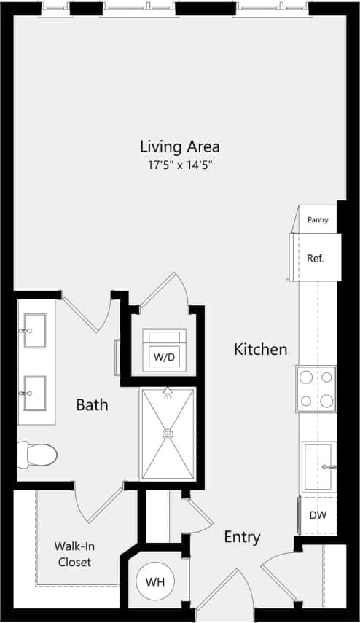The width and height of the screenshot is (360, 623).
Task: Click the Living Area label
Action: (x=179, y=146)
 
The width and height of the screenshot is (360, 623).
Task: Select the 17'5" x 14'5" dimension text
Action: (x=180, y=165)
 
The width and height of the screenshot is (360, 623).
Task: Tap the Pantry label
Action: (x=318, y=220)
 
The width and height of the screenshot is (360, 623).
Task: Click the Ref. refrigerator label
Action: (x=316, y=258)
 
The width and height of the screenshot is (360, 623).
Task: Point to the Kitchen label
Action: (x=260, y=350)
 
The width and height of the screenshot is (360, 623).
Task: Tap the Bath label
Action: (x=92, y=404)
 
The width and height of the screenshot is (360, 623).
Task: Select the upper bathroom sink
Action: (x=34, y=331)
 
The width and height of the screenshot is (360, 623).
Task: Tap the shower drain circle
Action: (x=168, y=434)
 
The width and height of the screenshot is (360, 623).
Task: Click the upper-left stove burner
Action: (x=307, y=377)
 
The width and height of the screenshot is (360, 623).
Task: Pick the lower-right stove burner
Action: (x=327, y=400)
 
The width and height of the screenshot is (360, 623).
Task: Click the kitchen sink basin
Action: (x=318, y=466)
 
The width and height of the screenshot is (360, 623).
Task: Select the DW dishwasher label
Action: (x=318, y=515)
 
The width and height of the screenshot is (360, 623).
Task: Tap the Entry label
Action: (x=242, y=538)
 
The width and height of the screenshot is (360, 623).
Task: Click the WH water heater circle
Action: (x=154, y=582)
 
